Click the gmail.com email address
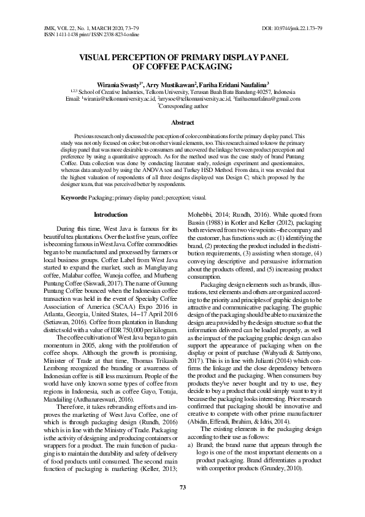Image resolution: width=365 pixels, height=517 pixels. [x=268, y=98]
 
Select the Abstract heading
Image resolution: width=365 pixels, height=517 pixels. [x=182, y=123]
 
